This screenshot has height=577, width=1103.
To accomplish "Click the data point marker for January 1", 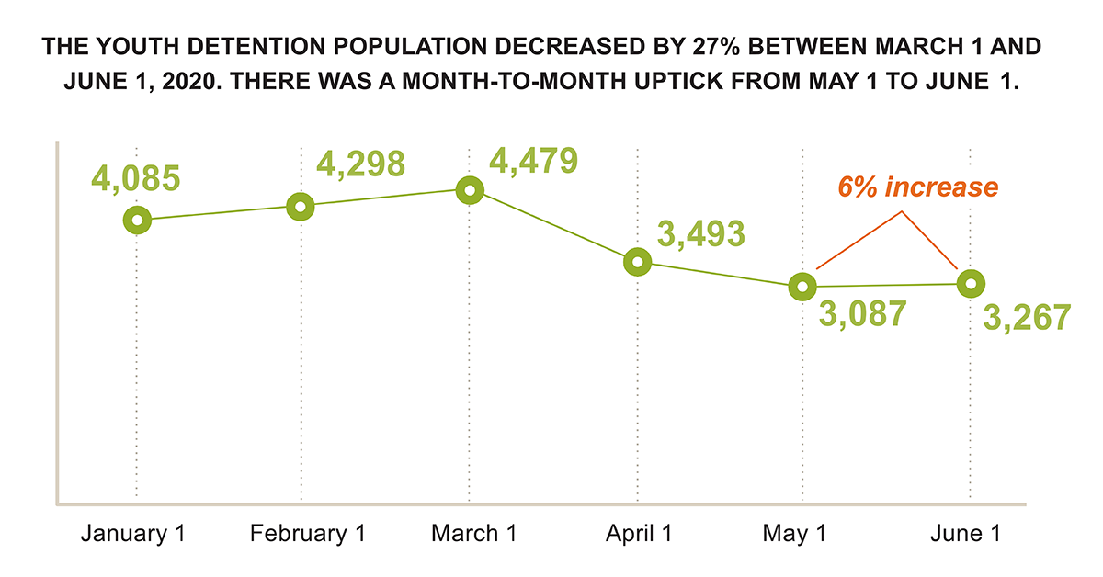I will click(x=137, y=220).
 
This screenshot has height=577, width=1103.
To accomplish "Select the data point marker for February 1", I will click(x=301, y=206).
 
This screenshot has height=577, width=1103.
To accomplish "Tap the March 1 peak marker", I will click(x=470, y=190).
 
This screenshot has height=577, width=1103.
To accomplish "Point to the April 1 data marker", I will click(x=637, y=262).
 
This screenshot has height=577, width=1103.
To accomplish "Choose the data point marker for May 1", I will click(x=802, y=286).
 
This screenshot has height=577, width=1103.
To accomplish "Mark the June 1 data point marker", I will click(x=971, y=284).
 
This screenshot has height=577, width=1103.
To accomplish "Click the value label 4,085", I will click(x=134, y=176).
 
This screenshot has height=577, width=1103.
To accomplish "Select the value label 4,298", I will click(x=361, y=163).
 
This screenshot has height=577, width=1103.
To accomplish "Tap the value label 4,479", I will click(x=534, y=159).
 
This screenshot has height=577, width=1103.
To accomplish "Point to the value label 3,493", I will click(x=701, y=234).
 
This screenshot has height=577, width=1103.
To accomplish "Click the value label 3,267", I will click(x=1028, y=317).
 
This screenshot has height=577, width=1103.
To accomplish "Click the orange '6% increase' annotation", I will click(x=917, y=187).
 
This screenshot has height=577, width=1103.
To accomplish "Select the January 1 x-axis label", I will click(x=133, y=534).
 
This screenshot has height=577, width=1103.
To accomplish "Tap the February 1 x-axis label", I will click(x=301, y=534).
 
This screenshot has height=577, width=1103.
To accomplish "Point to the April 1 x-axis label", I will click(x=637, y=534).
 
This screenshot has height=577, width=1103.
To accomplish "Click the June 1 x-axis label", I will click(x=965, y=534).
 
